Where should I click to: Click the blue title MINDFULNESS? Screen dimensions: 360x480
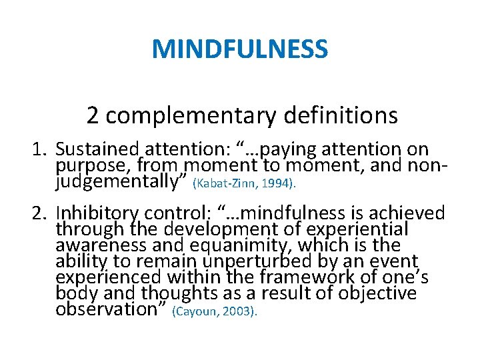[240, 49]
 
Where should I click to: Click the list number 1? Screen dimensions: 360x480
[38, 149]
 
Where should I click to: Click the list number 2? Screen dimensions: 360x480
[38, 213]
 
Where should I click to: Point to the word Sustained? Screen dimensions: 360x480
[96, 149]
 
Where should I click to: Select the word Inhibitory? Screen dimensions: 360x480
[97, 213]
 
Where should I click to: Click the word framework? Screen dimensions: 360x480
[284, 277]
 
